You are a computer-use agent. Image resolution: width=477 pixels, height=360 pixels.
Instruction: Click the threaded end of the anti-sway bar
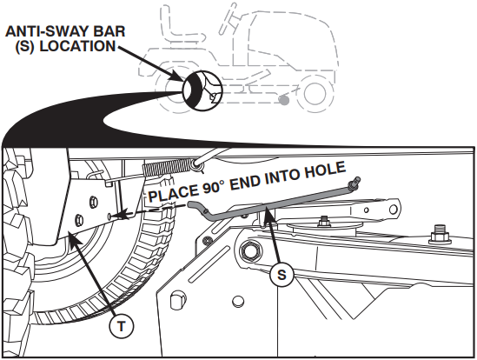pyautogui.click(x=354, y=183)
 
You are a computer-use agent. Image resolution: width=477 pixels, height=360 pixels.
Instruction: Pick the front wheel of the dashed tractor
pyautogui.click(x=308, y=91)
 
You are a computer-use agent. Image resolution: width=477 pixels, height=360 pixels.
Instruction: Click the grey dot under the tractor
pyautogui.click(x=285, y=101)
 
